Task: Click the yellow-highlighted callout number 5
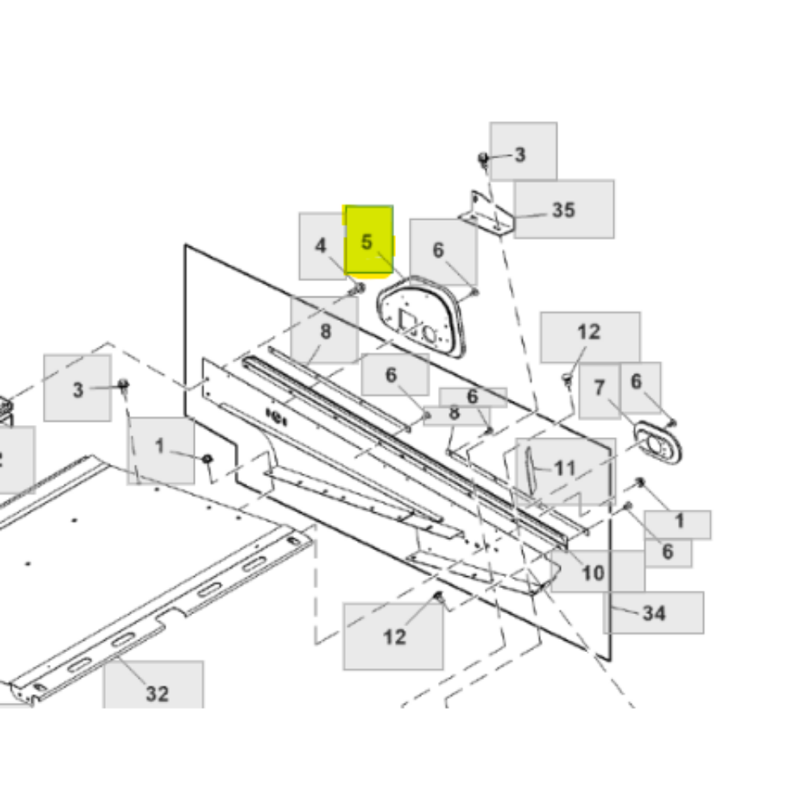(366, 242)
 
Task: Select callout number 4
(321, 246)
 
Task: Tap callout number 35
(563, 210)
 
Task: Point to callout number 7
(599, 388)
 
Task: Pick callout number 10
(592, 573)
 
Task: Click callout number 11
(565, 468)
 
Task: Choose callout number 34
(654, 613)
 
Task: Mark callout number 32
(158, 693)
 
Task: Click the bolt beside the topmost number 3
(483, 159)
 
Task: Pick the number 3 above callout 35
(520, 154)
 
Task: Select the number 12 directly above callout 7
(589, 332)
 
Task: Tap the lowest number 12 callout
(395, 638)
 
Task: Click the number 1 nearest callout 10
(680, 521)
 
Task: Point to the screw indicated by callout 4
(357, 288)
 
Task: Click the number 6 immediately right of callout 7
(637, 381)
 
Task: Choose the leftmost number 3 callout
(78, 390)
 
